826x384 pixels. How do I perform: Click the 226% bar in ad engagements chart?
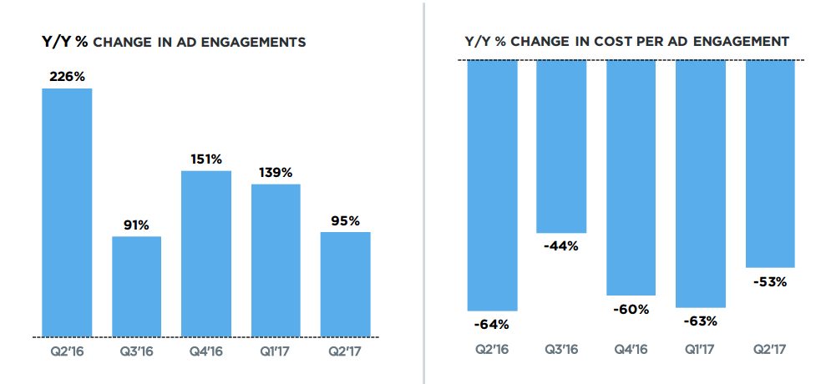click(x=67, y=213)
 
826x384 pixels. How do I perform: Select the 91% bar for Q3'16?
click(x=137, y=286)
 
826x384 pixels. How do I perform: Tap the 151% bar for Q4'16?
click(x=206, y=254)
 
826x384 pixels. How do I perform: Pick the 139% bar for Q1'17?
click(x=276, y=260)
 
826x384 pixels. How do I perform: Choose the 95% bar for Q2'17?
click(x=346, y=284)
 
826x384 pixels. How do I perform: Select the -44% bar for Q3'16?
click(x=561, y=146)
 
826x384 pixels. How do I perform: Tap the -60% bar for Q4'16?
click(x=631, y=178)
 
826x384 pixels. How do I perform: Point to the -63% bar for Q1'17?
click(x=701, y=184)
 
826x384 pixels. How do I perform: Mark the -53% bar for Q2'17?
click(x=770, y=164)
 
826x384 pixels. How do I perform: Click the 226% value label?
click(x=67, y=77)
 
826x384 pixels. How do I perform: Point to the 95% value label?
click(x=346, y=221)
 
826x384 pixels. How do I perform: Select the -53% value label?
click(x=770, y=281)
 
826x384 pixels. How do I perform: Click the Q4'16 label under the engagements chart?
click(x=206, y=351)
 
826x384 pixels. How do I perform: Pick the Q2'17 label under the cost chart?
click(x=770, y=351)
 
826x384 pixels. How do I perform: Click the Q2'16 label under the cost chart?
click(x=492, y=351)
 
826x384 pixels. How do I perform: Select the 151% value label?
click(x=206, y=159)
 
